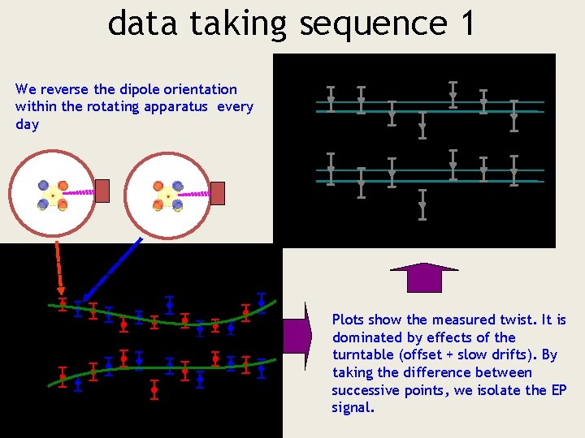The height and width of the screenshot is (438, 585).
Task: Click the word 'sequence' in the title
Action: click(372, 24)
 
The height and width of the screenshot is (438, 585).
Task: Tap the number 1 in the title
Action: click(466, 23)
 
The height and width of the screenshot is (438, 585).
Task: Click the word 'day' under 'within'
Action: click(27, 124)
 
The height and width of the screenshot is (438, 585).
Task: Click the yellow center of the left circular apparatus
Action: click(53, 195)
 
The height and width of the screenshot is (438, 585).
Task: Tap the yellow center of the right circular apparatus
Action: click(168, 195)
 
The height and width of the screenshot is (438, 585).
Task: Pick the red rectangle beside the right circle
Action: click(218, 191)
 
